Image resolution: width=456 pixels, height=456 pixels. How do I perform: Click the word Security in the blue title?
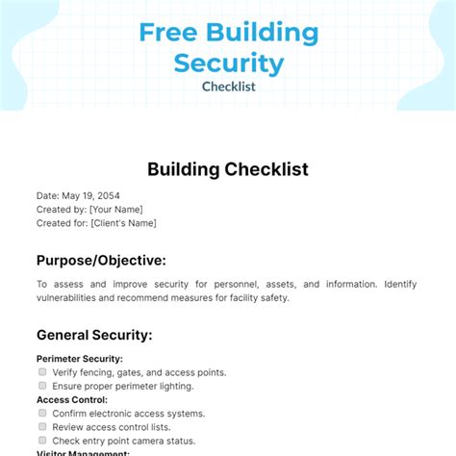tap(228, 63)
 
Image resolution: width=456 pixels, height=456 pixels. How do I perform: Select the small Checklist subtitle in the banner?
tap(228, 88)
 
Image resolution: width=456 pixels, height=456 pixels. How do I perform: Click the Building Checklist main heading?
tap(228, 169)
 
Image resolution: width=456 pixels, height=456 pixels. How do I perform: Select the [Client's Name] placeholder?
tap(122, 222)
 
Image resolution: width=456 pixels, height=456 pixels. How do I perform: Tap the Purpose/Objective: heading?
tap(101, 260)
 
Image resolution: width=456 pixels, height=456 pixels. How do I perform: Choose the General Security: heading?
tap(94, 336)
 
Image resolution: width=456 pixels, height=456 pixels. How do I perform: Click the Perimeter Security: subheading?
tap(80, 359)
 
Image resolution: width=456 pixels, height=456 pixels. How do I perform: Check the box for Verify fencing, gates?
tap(42, 371)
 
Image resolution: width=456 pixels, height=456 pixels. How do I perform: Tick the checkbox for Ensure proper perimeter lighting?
tap(42, 386)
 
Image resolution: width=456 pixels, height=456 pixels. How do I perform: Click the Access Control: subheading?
tap(72, 399)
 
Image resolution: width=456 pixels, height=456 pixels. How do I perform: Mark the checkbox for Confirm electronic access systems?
tap(42, 413)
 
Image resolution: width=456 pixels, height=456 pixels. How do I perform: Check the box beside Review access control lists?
tap(42, 426)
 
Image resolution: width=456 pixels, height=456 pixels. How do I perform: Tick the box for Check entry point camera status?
tap(42, 440)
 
